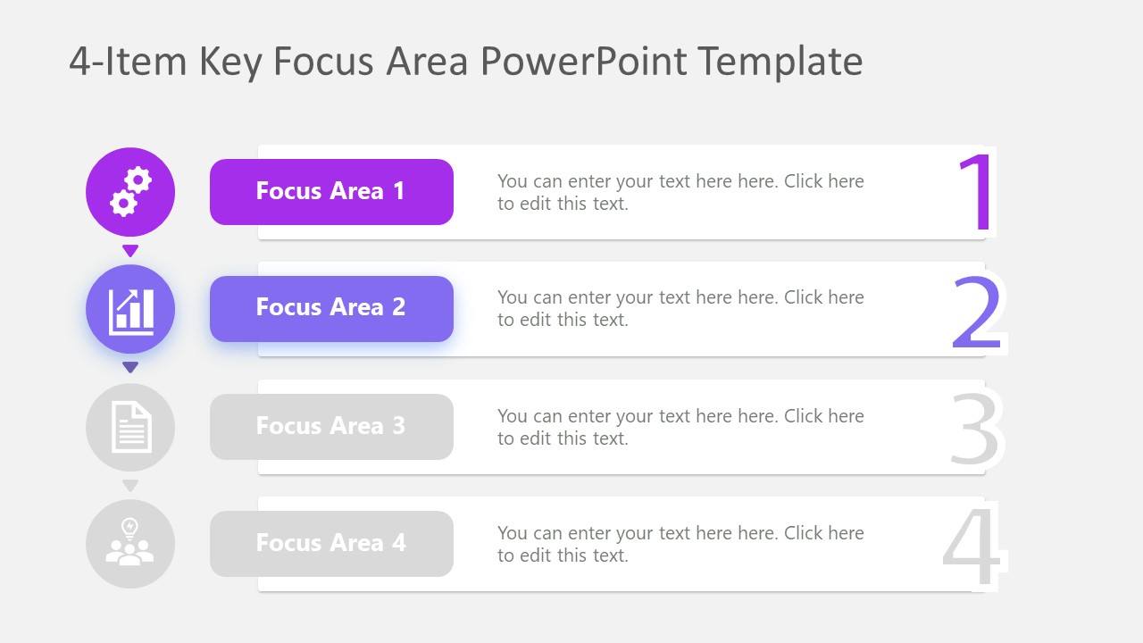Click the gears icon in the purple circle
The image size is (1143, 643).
(130, 192)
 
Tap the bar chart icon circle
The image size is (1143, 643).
(130, 309)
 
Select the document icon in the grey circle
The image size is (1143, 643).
(130, 427)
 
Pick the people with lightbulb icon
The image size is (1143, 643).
(130, 543)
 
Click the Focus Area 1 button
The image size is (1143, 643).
(331, 192)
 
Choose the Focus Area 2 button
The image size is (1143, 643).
(331, 309)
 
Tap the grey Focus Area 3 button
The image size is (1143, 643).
(331, 427)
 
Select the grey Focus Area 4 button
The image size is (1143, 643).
(331, 543)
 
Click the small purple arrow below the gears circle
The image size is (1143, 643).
(130, 251)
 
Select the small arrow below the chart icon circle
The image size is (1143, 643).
(130, 367)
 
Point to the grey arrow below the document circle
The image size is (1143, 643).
(130, 486)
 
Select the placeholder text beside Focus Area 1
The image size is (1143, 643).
(680, 192)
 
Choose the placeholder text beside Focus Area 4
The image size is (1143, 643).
(680, 544)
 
